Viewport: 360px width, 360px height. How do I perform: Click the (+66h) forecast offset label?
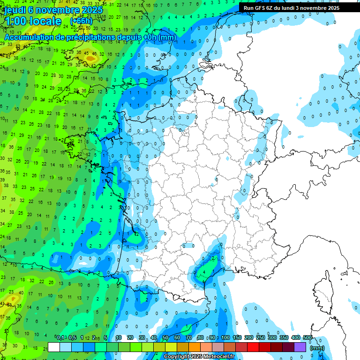(x=81, y=21)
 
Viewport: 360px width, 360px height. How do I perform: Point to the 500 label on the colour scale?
(x=307, y=338)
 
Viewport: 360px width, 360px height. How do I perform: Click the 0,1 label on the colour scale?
(x=61, y=338)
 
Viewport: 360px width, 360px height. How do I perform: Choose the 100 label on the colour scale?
(x=225, y=338)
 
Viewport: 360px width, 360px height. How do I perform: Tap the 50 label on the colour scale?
(x=165, y=338)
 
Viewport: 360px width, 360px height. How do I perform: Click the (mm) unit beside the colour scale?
(x=317, y=348)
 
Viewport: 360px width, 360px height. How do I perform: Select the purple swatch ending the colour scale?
(x=300, y=347)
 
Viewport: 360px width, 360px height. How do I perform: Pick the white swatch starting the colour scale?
(x=54, y=347)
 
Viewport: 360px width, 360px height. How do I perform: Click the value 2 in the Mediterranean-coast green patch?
(x=213, y=258)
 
